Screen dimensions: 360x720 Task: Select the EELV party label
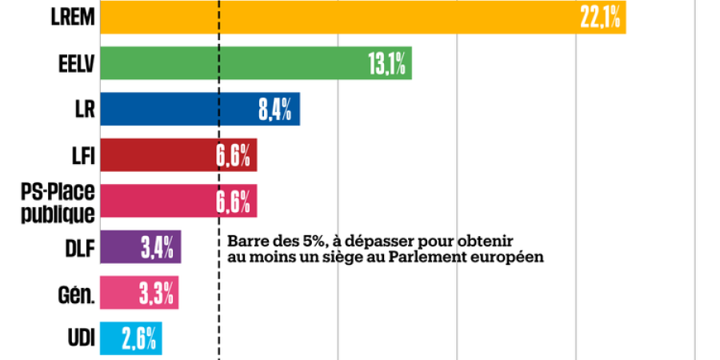pyautogui.click(x=77, y=64)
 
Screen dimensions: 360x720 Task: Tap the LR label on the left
pyautogui.click(x=84, y=110)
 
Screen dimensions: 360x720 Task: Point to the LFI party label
pyautogui.click(x=82, y=155)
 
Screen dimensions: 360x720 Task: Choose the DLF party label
pyautogui.click(x=80, y=248)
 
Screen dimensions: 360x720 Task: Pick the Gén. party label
pyautogui.click(x=78, y=294)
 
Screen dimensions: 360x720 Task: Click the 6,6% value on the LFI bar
pyautogui.click(x=234, y=156)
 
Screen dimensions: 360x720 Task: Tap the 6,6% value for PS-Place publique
pyautogui.click(x=234, y=202)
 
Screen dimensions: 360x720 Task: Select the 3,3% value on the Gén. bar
pyautogui.click(x=157, y=294)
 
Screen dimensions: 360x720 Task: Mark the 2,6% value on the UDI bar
pyautogui.click(x=141, y=339)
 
